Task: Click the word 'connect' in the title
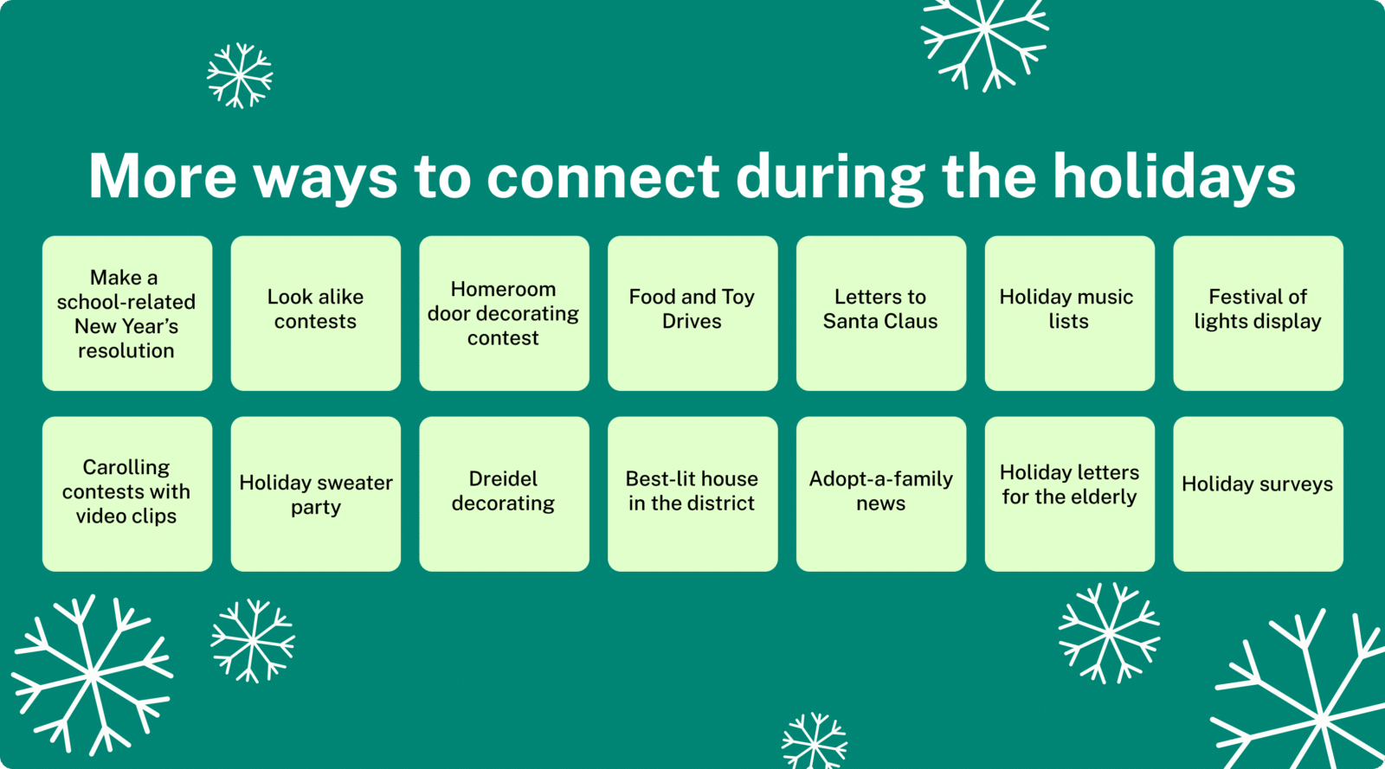(602, 176)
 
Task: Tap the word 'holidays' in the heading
(1174, 176)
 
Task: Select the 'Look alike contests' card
(315, 313)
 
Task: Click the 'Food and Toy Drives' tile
(692, 313)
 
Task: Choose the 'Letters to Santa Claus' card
(880, 313)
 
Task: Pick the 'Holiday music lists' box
(1069, 313)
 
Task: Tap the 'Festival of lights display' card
(1258, 313)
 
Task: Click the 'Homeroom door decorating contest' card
(504, 313)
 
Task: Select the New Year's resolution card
(127, 313)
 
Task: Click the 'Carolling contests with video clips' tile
(127, 494)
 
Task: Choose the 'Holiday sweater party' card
(315, 494)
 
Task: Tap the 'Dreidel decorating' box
(504, 494)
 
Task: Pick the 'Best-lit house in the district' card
(692, 494)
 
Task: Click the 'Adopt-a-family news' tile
(880, 494)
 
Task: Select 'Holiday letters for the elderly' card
(1069, 494)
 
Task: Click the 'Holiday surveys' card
(1258, 494)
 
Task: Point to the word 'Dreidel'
(503, 479)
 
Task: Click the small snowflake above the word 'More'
(240, 76)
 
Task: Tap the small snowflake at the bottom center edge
(814, 742)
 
